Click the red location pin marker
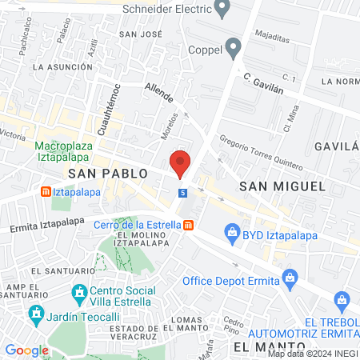point(181,163)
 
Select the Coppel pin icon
point(234,49)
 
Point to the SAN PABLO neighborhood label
point(107,173)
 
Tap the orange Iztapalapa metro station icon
point(46,192)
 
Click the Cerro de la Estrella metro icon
point(186,225)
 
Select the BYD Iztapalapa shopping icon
point(233,235)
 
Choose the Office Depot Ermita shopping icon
point(291,281)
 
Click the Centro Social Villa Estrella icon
point(79,295)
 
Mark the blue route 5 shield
point(183,193)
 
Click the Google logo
point(26,350)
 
